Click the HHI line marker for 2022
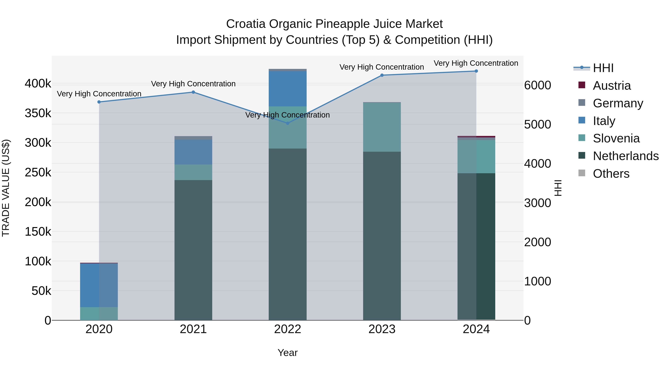(287, 123)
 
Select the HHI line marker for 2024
(476, 71)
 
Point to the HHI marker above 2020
(99, 102)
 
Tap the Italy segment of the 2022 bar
(287, 89)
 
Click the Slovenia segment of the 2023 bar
(382, 127)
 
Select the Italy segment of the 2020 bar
(99, 285)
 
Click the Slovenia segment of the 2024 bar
(476, 157)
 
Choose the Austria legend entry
(611, 86)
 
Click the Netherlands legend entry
(625, 156)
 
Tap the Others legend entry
(611, 174)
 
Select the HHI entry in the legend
(603, 68)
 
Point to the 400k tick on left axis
(38, 84)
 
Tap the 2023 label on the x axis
(382, 329)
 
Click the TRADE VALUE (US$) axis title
(6, 188)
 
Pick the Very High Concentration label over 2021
(193, 84)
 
